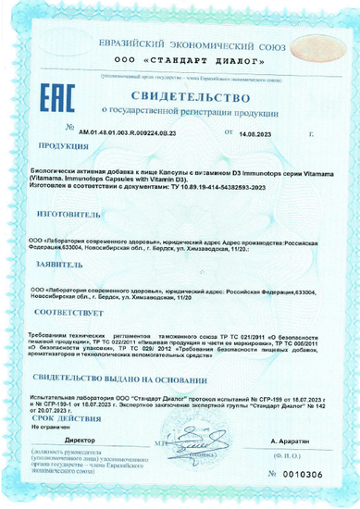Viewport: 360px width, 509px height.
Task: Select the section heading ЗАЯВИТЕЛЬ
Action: [64, 264]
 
